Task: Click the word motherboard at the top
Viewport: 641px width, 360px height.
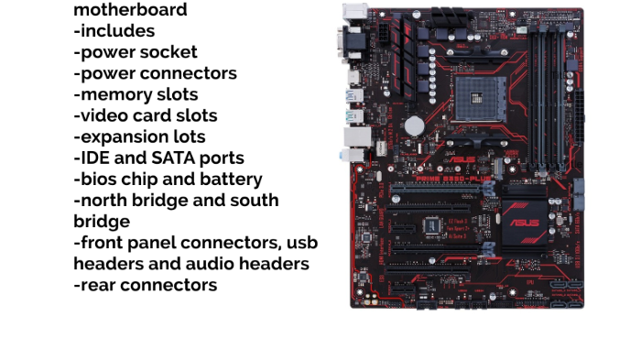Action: pyautogui.click(x=130, y=10)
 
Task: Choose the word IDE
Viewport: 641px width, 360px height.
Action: pyautogui.click(x=94, y=158)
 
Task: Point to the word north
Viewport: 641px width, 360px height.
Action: pyautogui.click(x=103, y=200)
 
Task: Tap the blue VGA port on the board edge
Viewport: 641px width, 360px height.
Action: pyautogui.click(x=351, y=43)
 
